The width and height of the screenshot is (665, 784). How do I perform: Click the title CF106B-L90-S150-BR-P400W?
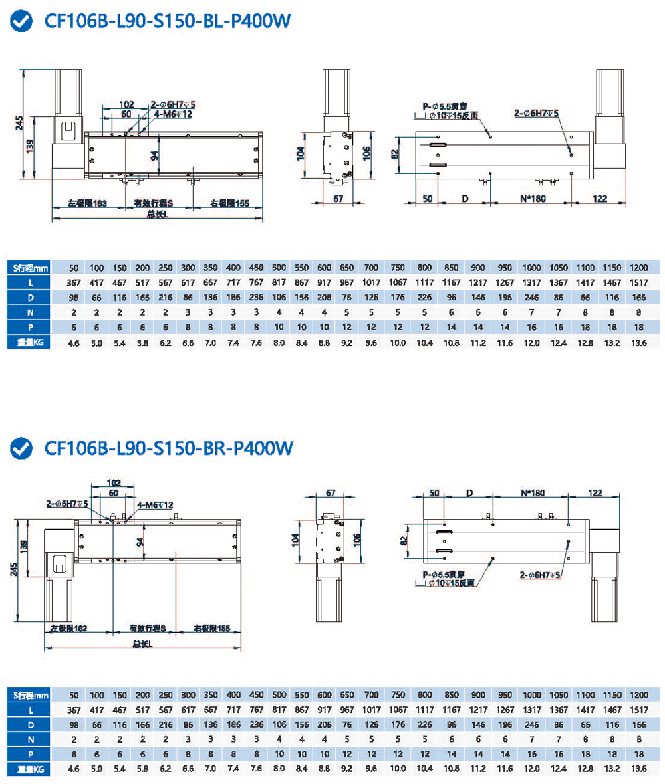[x=168, y=449]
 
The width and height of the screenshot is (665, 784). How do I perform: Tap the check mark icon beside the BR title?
[x=23, y=449]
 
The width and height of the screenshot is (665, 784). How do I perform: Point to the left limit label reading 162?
[x=69, y=628]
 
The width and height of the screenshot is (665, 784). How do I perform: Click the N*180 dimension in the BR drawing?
[x=531, y=493]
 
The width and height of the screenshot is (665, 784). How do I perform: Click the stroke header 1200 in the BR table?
[x=638, y=694]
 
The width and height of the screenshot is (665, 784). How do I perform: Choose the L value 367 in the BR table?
[x=74, y=710]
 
